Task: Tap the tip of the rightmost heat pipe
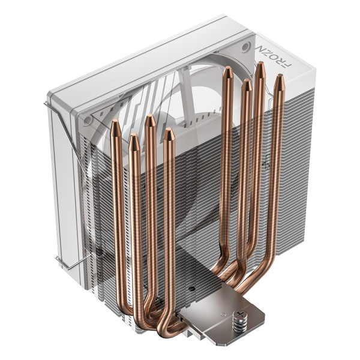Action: tap(278, 78)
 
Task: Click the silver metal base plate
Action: tap(210, 315)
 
